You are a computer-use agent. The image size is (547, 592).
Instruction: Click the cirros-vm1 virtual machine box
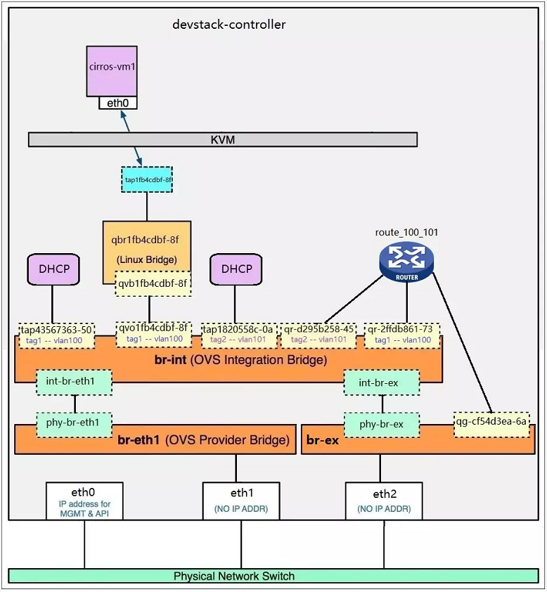[112, 70]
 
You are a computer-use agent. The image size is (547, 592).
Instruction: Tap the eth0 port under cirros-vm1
[117, 103]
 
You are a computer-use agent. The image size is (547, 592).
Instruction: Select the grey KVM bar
[222, 140]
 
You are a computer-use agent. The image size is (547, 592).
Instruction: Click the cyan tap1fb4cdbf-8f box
[148, 180]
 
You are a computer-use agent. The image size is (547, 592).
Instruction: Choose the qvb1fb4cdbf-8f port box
[153, 284]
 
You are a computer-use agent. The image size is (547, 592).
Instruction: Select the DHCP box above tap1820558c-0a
[236, 269]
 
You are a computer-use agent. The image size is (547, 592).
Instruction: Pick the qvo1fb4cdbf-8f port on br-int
[153, 333]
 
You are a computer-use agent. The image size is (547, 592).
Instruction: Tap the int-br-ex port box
[381, 382]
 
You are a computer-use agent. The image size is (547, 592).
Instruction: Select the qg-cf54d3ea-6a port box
[491, 424]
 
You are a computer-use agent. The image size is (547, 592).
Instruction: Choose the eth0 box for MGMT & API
[84, 500]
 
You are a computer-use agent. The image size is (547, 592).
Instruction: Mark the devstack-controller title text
[229, 25]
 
